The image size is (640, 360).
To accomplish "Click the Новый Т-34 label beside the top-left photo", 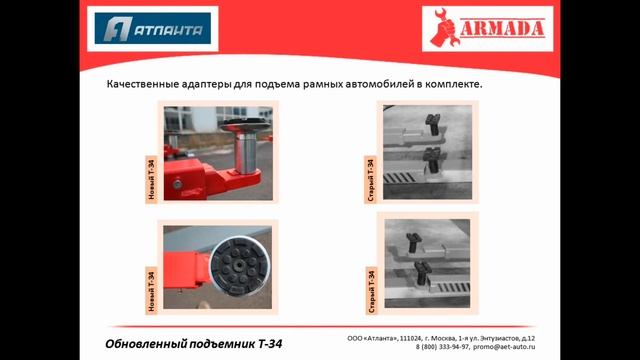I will click(151, 181).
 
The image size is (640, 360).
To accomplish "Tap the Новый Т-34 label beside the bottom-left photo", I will click(151, 289).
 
